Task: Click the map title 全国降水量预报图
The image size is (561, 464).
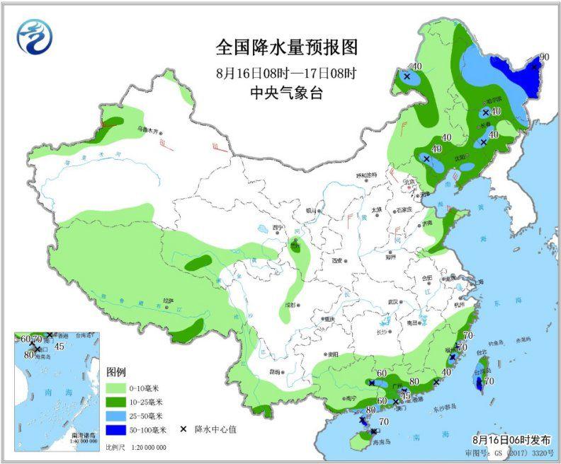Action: (287, 47)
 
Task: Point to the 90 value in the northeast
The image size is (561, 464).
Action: (545, 57)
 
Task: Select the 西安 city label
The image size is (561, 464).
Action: (336, 260)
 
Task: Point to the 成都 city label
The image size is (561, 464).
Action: (288, 305)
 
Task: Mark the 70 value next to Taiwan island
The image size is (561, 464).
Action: (489, 381)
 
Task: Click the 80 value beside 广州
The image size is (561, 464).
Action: (414, 383)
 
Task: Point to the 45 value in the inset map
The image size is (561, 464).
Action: (59, 347)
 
